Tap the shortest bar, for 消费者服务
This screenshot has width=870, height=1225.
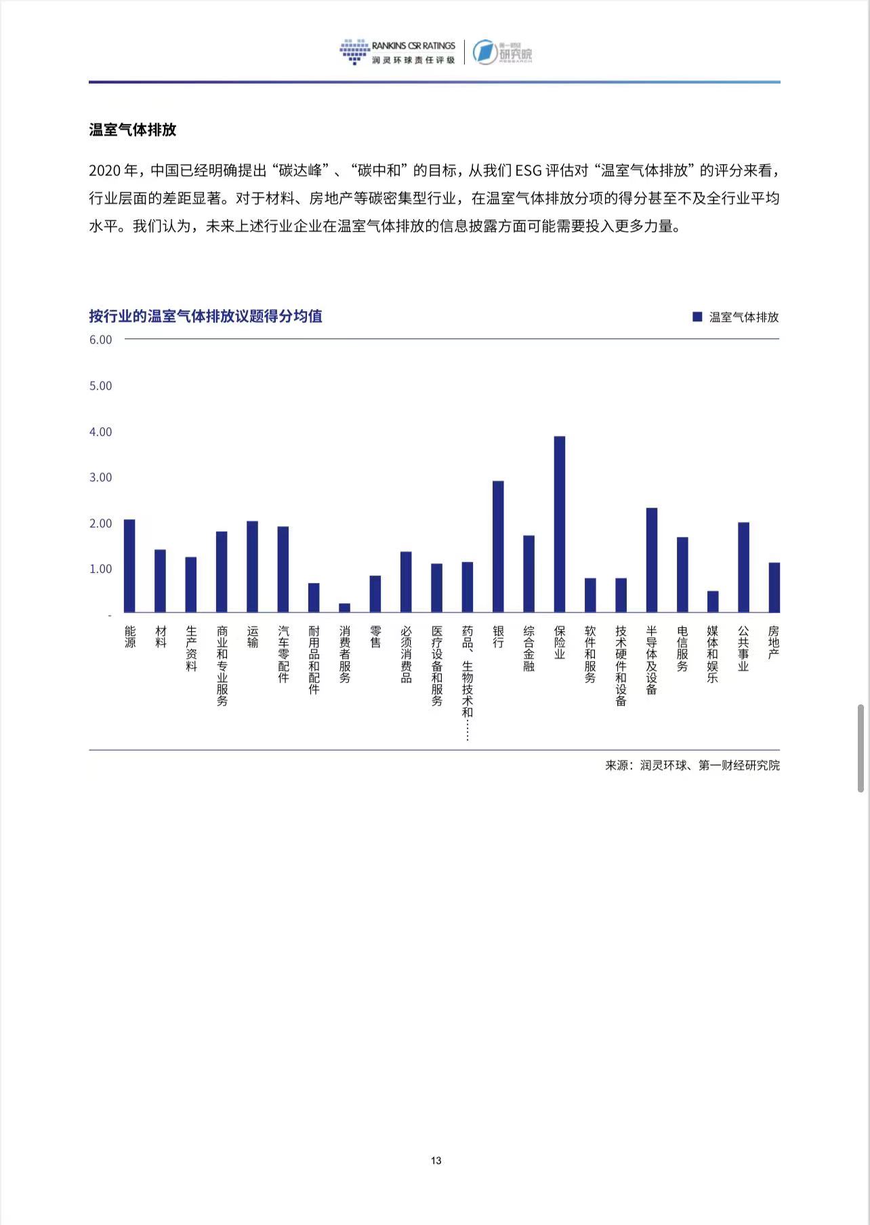pos(344,608)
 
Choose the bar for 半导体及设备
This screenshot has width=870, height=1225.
pos(651,560)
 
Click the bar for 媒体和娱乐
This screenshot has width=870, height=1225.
pos(712,601)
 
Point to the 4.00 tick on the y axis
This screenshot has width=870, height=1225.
pos(100,432)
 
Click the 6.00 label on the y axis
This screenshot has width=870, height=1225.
pos(100,340)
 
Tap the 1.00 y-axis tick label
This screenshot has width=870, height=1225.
pos(100,569)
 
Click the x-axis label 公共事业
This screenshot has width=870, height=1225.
pos(743,648)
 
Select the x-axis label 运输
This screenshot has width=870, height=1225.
pos(253,637)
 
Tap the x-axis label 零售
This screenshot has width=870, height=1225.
pos(375,637)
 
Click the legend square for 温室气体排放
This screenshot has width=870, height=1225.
pos(697,317)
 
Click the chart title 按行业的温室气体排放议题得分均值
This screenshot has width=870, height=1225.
pos(205,316)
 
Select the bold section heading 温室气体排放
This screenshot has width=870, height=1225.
pos(132,129)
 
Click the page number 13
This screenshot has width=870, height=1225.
pos(436,1160)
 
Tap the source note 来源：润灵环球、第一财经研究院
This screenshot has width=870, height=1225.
pos(692,765)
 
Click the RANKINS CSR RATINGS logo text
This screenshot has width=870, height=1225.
pos(413,45)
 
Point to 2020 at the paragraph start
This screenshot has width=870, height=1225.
pos(104,170)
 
